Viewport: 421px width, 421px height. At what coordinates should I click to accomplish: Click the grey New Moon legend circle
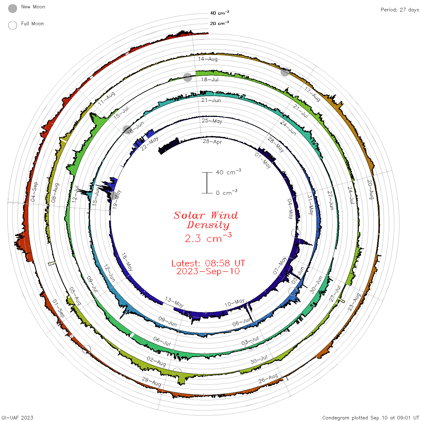(x=12, y=8)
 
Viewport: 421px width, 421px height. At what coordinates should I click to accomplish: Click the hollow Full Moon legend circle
(x=12, y=25)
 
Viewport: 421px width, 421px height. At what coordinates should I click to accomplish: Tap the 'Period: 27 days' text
(x=400, y=10)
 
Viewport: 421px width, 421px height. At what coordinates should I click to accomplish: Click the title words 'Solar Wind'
(x=206, y=215)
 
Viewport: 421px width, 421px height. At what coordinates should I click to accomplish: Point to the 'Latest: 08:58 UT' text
(x=208, y=263)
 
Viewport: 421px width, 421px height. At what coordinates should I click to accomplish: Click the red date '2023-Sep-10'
(x=208, y=271)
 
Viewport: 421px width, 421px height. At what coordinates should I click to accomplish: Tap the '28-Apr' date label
(x=212, y=142)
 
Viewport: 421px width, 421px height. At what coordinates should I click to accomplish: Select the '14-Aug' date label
(x=208, y=59)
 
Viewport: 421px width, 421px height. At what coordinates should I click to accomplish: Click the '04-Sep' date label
(x=34, y=192)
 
